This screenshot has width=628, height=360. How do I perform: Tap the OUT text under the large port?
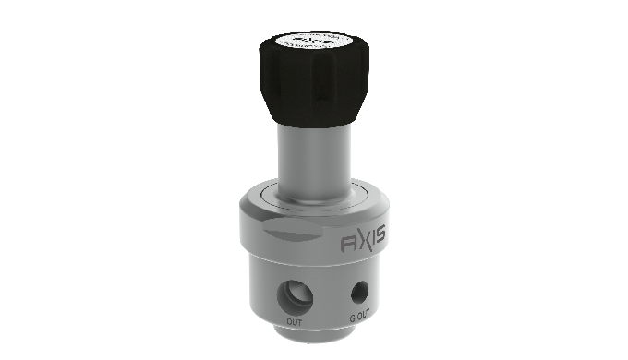click(295, 321)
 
